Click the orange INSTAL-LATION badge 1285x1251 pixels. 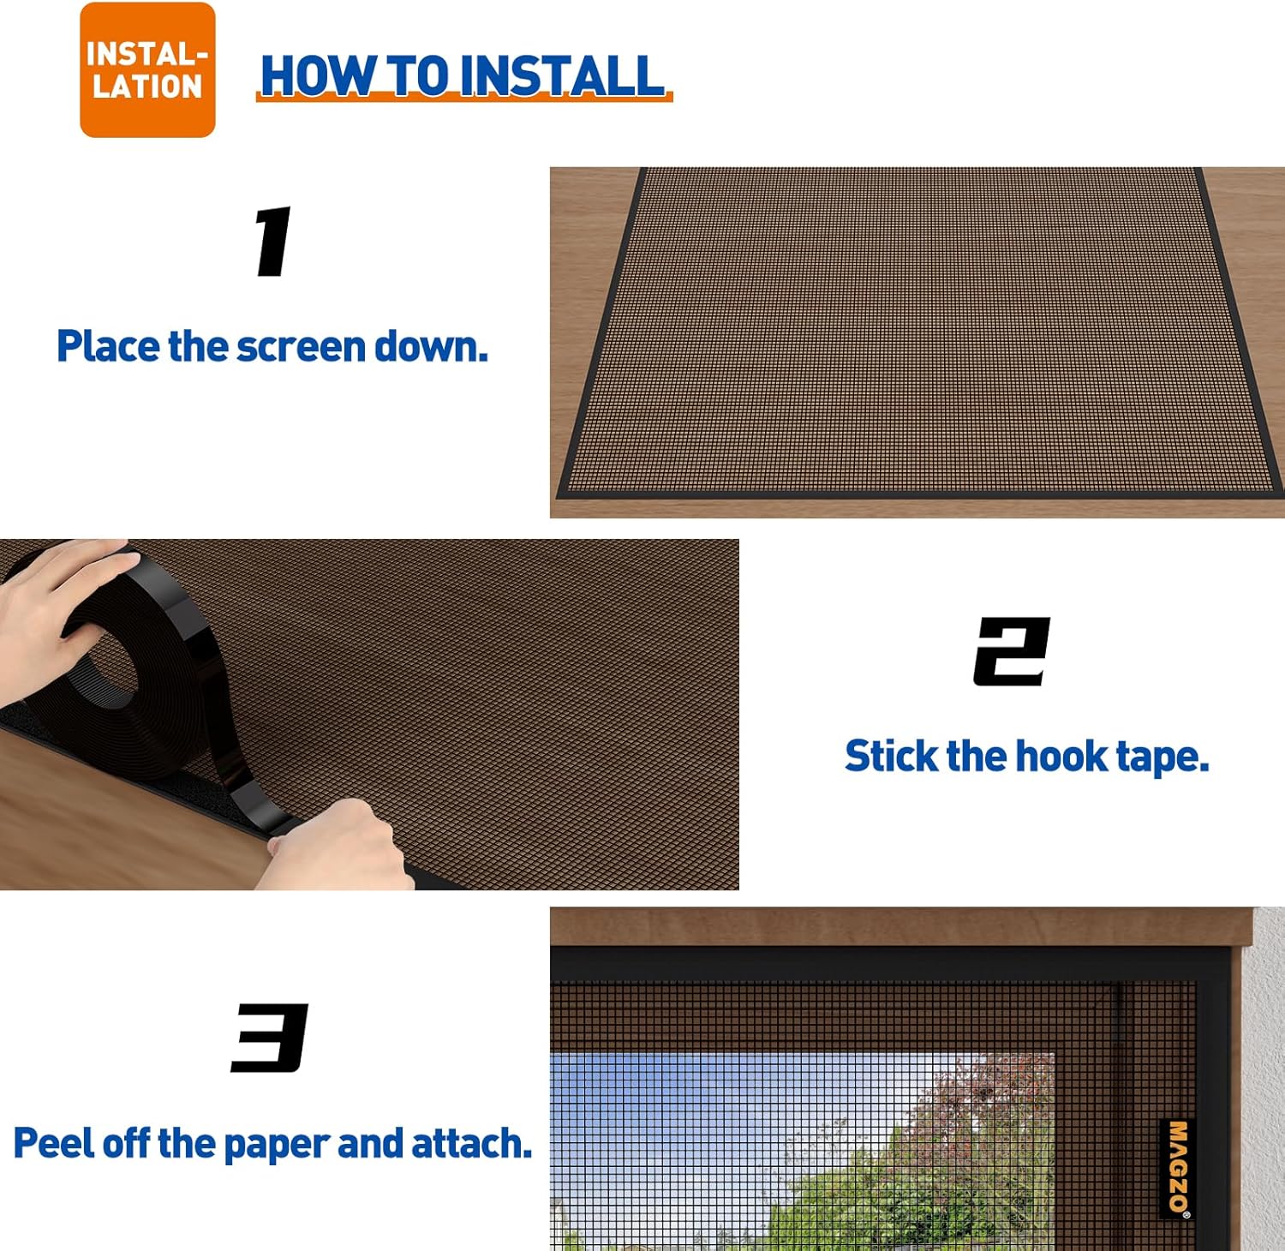[147, 70]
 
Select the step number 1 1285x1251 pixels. [273, 242]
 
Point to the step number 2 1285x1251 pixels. [1012, 651]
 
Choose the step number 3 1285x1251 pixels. [270, 1038]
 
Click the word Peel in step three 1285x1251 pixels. [53, 1144]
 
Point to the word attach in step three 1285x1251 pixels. [471, 1144]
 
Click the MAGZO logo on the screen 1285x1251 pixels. [1178, 1167]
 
